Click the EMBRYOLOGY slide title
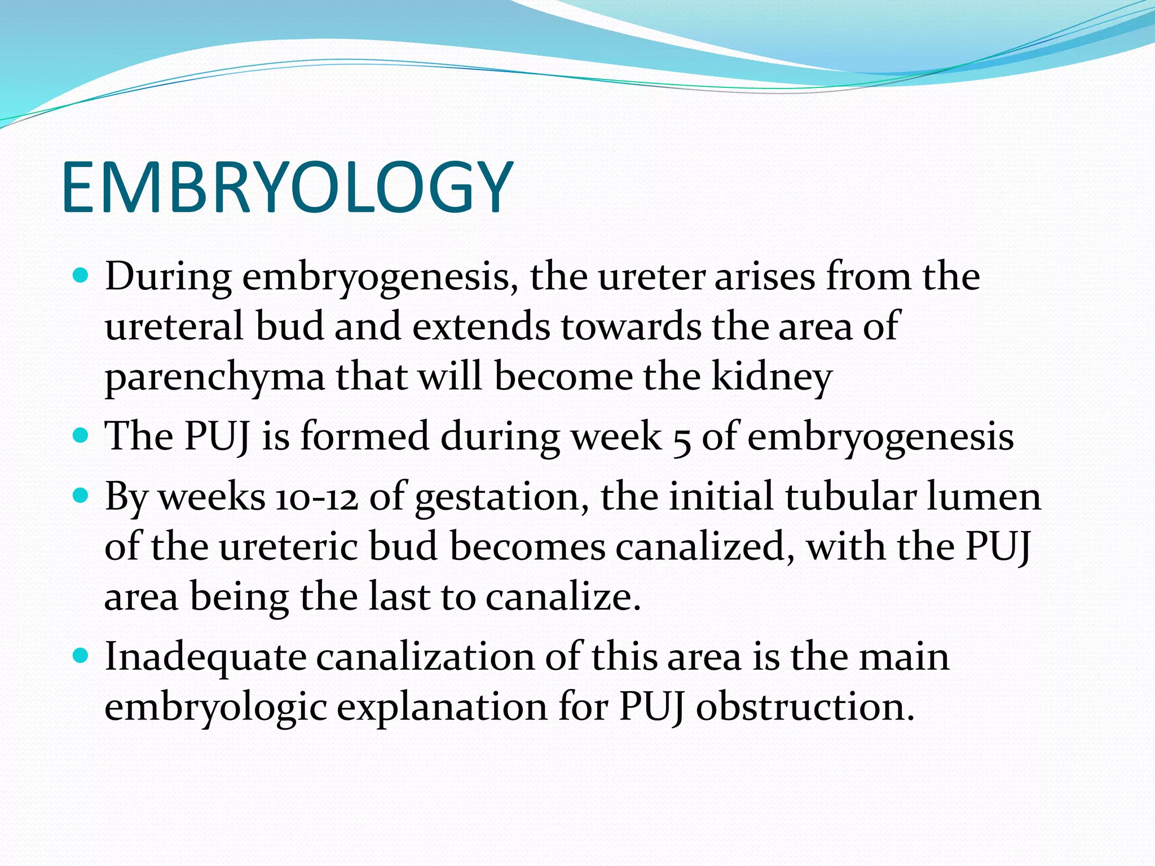coord(287,188)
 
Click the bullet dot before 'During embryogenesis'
coord(82,276)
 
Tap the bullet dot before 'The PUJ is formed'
coord(82,435)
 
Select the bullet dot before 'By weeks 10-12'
coord(82,496)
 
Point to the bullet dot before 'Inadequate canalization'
coord(82,655)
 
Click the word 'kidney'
coord(772,377)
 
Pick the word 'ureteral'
coord(174,326)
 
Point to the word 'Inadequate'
coord(205,657)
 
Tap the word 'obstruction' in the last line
coord(805,706)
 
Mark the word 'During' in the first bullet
coord(168,277)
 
